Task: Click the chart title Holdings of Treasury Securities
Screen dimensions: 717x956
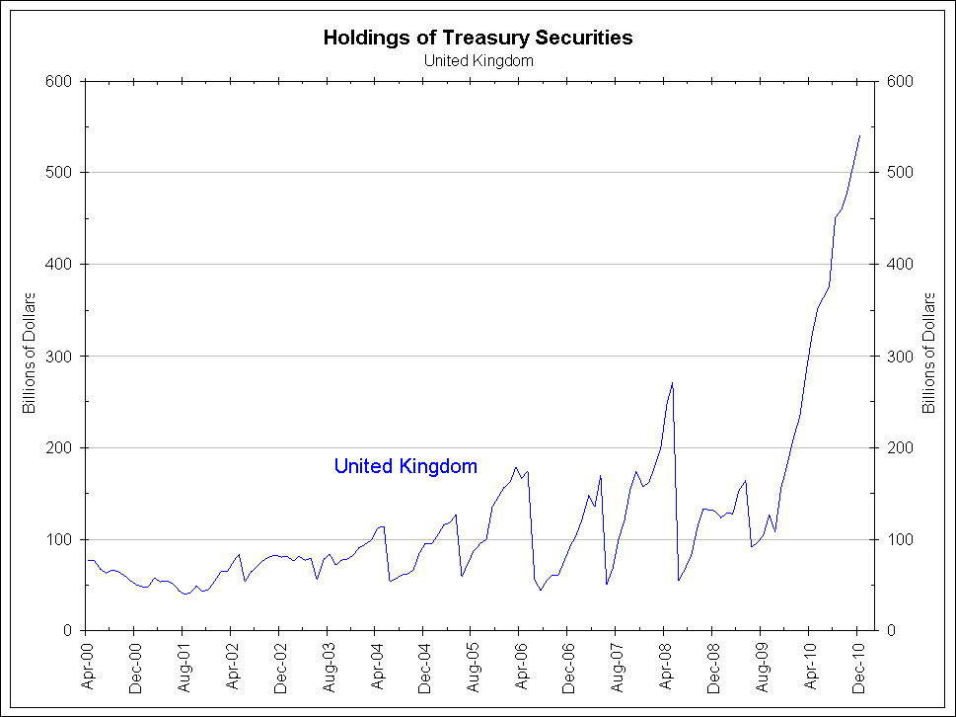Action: coord(478,38)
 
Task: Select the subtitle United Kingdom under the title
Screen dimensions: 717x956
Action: coord(478,60)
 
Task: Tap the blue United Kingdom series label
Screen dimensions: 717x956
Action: coord(405,466)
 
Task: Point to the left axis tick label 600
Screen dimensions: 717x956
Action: coord(61,81)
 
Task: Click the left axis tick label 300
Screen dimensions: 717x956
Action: coord(61,357)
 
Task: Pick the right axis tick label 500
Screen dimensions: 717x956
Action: coord(899,173)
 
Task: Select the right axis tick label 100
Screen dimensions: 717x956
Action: coord(899,540)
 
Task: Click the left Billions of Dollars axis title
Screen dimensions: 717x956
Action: coord(30,353)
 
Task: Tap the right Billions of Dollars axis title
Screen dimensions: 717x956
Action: coord(928,353)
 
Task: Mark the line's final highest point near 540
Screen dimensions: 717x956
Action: coord(859,135)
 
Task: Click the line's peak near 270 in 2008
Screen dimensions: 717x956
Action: coord(672,383)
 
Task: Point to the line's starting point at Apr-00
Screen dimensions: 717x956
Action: coord(87,560)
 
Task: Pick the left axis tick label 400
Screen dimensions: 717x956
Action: coord(61,265)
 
